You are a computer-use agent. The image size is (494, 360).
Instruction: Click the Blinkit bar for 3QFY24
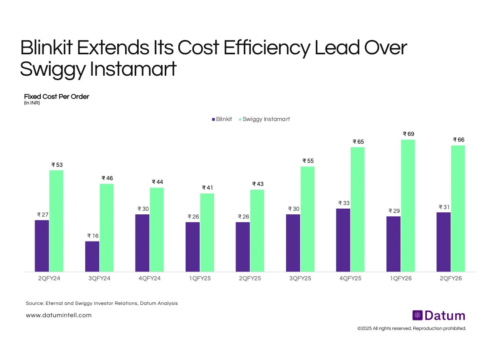[x=92, y=256]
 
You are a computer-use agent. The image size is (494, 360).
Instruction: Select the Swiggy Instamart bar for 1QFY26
[x=408, y=206]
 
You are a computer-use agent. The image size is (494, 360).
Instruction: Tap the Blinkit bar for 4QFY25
[x=343, y=240]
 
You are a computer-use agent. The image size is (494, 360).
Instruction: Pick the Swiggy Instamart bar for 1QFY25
[x=207, y=232]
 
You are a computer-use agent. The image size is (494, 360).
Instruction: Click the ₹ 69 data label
[x=408, y=134]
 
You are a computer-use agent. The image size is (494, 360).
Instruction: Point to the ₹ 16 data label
[x=92, y=236]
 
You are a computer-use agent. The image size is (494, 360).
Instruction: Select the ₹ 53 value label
[x=56, y=165]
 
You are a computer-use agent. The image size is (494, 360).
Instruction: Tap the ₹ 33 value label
[x=343, y=203]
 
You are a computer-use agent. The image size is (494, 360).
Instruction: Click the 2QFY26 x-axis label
[x=451, y=279]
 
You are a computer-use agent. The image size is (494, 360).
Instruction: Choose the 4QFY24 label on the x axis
[x=149, y=279]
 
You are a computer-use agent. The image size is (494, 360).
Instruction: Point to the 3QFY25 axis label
[x=300, y=279]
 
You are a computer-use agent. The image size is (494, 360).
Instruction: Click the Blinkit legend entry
[x=222, y=119]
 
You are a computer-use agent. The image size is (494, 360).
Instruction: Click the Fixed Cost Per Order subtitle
[x=56, y=97]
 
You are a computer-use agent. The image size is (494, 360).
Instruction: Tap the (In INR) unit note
[x=32, y=103]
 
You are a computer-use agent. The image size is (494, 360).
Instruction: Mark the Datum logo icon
[x=417, y=316]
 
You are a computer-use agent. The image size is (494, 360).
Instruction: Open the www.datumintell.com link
[x=58, y=315]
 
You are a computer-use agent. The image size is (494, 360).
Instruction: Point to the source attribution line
[x=102, y=303]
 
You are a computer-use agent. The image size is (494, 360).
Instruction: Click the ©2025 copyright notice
[x=412, y=328]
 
